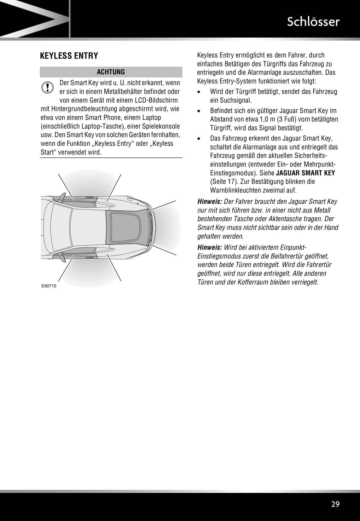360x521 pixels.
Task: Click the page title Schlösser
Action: coord(313,22)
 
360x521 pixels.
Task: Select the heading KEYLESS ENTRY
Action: coord(69,56)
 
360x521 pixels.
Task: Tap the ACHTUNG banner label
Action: coord(111,72)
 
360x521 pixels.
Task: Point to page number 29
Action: coord(335,504)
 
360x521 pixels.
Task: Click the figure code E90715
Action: coord(49,286)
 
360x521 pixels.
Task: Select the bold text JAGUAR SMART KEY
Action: coord(305,173)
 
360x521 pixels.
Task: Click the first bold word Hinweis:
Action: coord(210,202)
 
